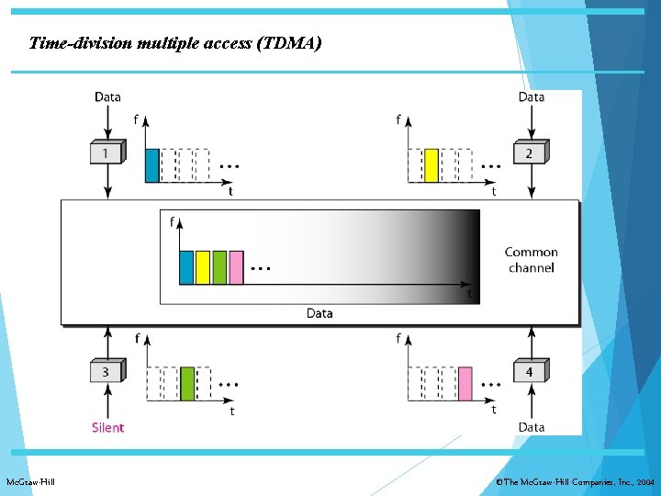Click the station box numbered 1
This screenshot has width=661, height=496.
point(106,152)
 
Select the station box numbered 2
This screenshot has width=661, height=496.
point(529,152)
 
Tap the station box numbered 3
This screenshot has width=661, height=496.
point(106,371)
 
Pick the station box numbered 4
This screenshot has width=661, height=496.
point(529,371)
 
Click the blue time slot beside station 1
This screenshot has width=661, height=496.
point(152,165)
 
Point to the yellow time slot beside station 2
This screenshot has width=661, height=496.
point(431,165)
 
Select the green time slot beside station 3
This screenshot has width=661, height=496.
point(187,383)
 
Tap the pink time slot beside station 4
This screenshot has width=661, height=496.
point(465,383)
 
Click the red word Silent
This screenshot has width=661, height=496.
point(107,427)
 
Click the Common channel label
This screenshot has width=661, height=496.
point(531,259)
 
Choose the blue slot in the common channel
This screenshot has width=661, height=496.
point(186,266)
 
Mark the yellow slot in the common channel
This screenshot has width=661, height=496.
point(203,266)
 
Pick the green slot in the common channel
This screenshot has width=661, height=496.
point(219,266)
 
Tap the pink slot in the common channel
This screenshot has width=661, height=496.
point(236,266)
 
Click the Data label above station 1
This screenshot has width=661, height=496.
point(107,96)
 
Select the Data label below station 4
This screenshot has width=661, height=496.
point(531,427)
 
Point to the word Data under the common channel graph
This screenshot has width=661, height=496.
point(319,313)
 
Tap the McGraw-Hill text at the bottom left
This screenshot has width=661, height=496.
point(30,481)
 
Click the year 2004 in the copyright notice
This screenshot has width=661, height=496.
point(645,481)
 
